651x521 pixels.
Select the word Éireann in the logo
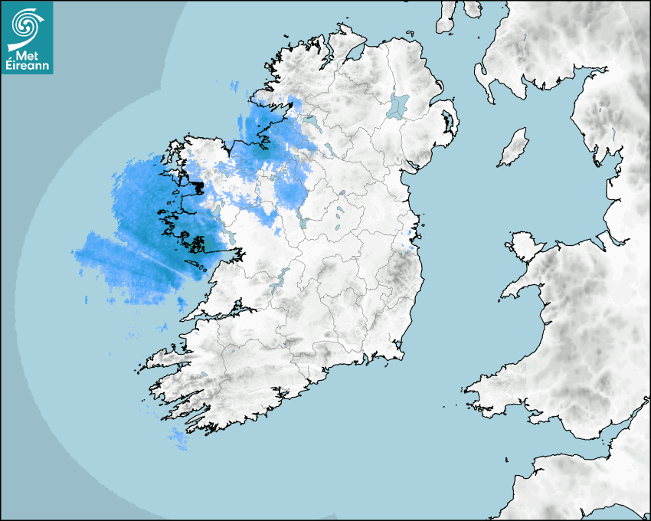click(27, 67)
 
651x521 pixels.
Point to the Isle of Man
click(514, 148)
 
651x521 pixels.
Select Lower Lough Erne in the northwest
click(312, 122)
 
